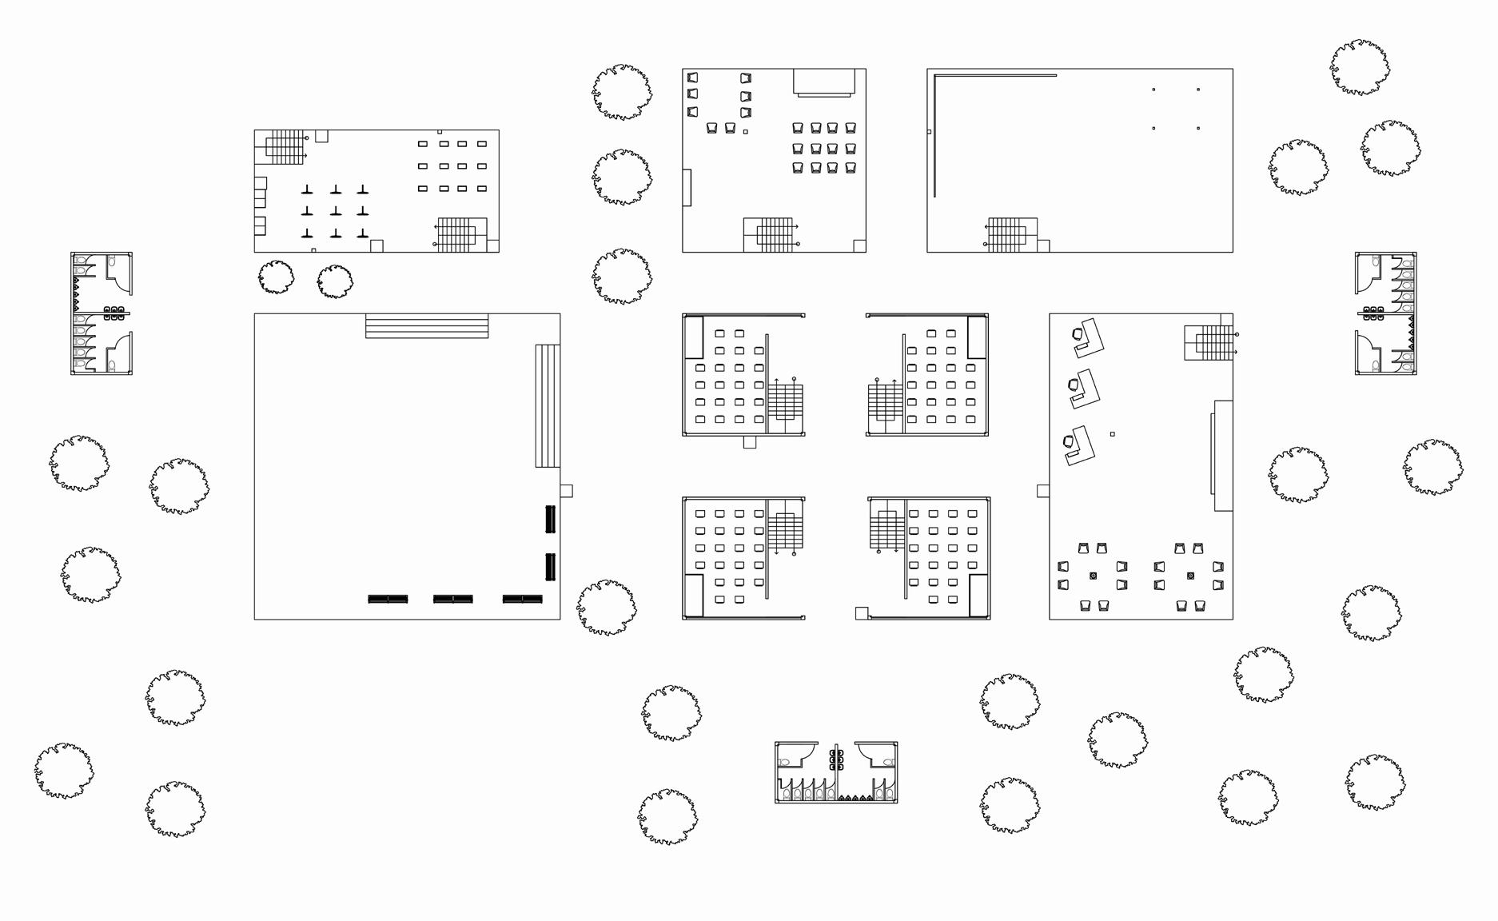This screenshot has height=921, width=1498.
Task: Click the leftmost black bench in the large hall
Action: pyautogui.click(x=388, y=599)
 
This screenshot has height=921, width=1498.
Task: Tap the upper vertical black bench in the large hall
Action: pyautogui.click(x=550, y=519)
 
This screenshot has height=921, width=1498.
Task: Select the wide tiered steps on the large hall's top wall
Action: pyautogui.click(x=427, y=326)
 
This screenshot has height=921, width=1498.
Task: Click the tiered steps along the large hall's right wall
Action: pyautogui.click(x=548, y=405)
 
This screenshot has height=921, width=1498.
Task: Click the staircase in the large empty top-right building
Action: pyautogui.click(x=1006, y=234)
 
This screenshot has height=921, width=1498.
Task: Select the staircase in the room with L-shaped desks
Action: pyautogui.click(x=1209, y=342)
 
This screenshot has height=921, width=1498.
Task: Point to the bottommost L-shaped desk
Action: pyautogui.click(x=1078, y=445)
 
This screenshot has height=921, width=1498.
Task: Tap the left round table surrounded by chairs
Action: pyautogui.click(x=1093, y=576)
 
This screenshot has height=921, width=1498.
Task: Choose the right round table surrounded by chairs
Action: pyautogui.click(x=1190, y=576)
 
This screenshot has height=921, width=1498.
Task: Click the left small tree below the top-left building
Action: pyautogui.click(x=276, y=277)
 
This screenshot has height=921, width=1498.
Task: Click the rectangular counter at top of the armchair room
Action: pyautogui.click(x=824, y=82)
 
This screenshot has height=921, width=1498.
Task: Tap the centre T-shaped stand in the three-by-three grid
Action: pyautogui.click(x=335, y=211)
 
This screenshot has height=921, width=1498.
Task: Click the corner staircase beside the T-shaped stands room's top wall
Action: pyautogui.click(x=284, y=147)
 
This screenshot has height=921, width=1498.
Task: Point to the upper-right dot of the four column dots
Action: pyautogui.click(x=1197, y=90)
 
